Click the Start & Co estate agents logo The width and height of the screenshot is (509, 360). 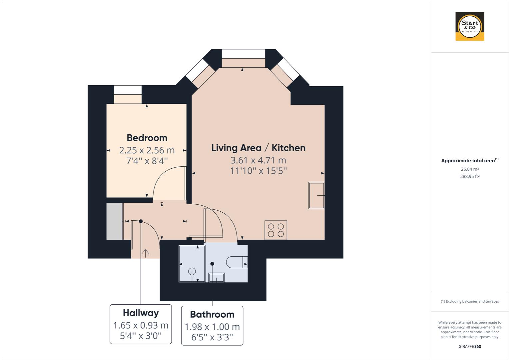tap(470, 26)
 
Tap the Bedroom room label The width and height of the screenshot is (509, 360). tap(147, 138)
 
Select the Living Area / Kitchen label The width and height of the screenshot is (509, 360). tap(258, 148)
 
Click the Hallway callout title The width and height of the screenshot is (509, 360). tap(141, 313)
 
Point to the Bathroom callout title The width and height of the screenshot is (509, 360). tap(212, 314)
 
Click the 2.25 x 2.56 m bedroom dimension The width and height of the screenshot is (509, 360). tap(147, 150)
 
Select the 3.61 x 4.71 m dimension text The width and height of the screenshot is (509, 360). tap(258, 160)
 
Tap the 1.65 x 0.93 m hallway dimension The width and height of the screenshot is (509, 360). tap(141, 325)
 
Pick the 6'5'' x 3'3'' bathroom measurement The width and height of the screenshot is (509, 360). tap(212, 337)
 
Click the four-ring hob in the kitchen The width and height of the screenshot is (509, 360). tap(276, 230)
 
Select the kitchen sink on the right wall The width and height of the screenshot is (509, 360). tap(316, 195)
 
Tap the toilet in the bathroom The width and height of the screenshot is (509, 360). tap(237, 262)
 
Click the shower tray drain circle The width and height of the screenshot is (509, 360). tap(192, 272)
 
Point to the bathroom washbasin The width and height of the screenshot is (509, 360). tap(217, 277)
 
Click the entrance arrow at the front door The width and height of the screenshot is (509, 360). tap(146, 253)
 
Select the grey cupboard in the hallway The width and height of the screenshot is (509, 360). tap(114, 221)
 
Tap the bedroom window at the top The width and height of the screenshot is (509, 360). tap(128, 90)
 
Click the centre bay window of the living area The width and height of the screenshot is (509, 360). tap(244, 54)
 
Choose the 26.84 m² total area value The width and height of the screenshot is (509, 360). tap(470, 169)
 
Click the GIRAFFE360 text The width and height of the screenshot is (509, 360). tap(470, 346)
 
